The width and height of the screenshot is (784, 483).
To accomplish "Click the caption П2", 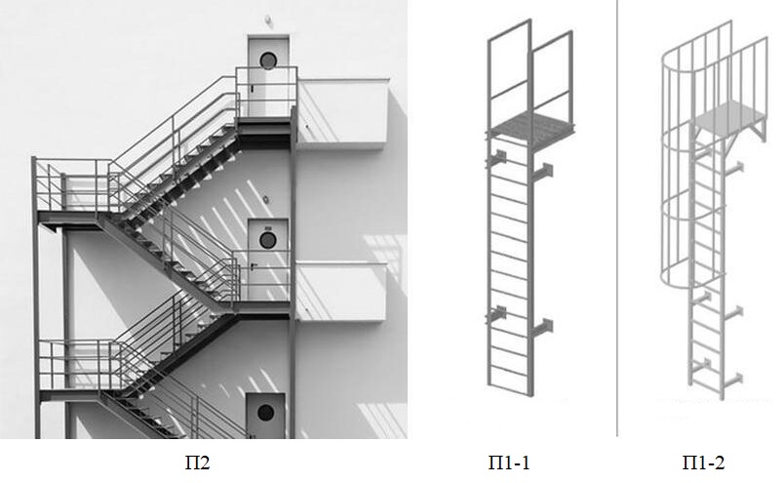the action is point(198,463).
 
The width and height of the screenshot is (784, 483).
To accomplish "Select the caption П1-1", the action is point(508,463).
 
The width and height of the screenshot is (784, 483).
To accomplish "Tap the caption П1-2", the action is point(703,463).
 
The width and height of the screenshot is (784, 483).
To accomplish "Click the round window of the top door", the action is point(268,60).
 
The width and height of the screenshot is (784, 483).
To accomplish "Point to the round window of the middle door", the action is point(267,240).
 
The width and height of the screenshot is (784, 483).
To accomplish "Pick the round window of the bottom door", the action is point(265,413).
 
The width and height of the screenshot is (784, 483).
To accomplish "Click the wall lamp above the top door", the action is point(268,20).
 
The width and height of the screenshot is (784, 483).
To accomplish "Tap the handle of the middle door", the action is point(254,265).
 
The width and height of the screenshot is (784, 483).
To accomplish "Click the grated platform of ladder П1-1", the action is point(530,125).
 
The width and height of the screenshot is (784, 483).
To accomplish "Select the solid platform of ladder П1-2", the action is point(729,114).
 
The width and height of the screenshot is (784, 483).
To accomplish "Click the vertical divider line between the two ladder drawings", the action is point(617,218).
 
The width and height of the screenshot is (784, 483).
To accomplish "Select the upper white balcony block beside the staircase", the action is point(342,113).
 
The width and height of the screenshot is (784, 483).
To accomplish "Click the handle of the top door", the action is point(253,88).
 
